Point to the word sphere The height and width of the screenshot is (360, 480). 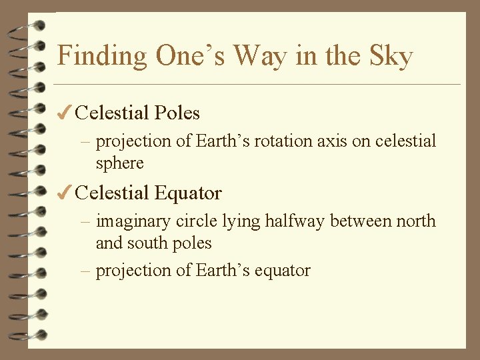pyautogui.click(x=119, y=163)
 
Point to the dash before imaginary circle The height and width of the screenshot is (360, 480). pyautogui.click(x=87, y=222)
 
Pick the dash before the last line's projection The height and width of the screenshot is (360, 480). pyautogui.click(x=87, y=271)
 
